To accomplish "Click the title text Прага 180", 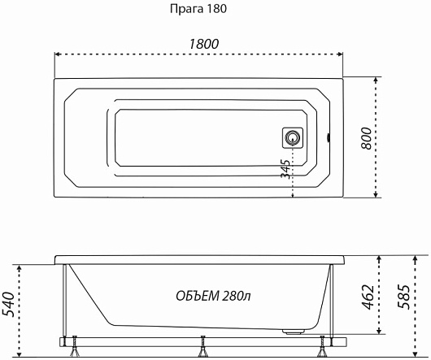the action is [198, 9].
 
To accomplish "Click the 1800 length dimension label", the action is [204, 44].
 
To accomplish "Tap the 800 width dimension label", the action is [366, 138].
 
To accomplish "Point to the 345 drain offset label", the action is [285, 169].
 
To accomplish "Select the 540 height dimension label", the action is [8, 304].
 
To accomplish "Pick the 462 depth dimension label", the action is [368, 297].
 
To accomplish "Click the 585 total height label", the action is [404, 297].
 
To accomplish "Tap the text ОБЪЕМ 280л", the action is [213, 296].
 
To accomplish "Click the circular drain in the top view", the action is [293, 137].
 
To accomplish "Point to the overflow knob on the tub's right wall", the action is [328, 137].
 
